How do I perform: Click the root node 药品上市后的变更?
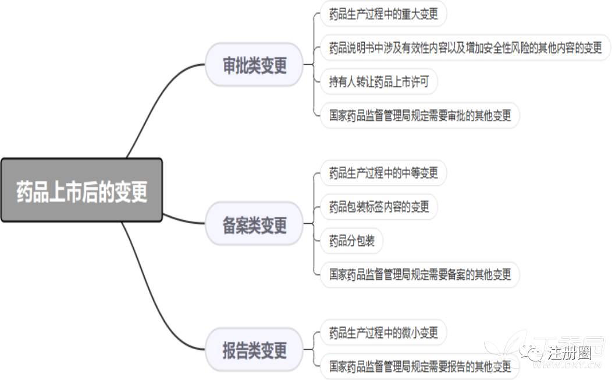click(x=81, y=191)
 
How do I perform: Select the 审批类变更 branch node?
click(x=254, y=65)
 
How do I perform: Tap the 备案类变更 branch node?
click(x=254, y=224)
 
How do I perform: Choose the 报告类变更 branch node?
click(x=254, y=350)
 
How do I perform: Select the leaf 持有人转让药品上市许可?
click(x=379, y=82)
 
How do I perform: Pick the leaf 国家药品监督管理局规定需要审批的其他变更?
click(x=419, y=115)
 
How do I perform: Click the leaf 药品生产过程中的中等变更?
click(x=383, y=173)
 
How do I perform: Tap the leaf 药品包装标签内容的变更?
click(x=379, y=206)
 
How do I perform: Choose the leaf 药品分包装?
click(x=352, y=240)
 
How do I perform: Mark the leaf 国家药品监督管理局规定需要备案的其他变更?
click(x=419, y=273)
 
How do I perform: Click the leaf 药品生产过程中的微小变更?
click(x=383, y=333)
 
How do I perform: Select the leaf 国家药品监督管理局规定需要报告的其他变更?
click(x=419, y=366)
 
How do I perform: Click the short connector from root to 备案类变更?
click(x=183, y=220)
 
